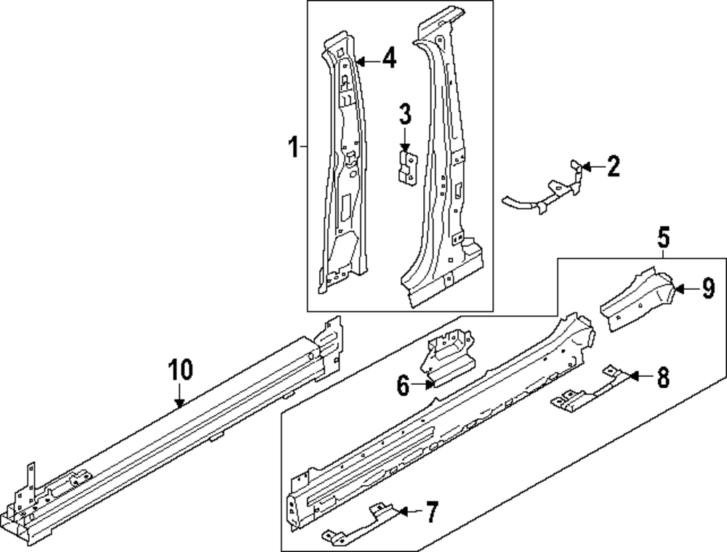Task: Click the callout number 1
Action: pyautogui.click(x=292, y=150)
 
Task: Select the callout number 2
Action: pyautogui.click(x=613, y=168)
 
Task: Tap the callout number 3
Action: pyautogui.click(x=405, y=114)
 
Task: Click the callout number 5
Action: pyautogui.click(x=664, y=238)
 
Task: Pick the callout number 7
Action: pyautogui.click(x=431, y=514)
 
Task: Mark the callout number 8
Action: pyautogui.click(x=662, y=377)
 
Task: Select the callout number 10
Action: pyautogui.click(x=181, y=370)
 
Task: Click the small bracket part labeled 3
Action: pyautogui.click(x=406, y=165)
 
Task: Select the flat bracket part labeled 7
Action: pyautogui.click(x=356, y=524)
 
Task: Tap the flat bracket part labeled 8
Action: pyautogui.click(x=589, y=391)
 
